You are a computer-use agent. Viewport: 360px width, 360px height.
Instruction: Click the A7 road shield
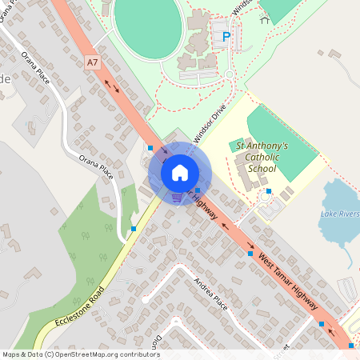tap(93, 61)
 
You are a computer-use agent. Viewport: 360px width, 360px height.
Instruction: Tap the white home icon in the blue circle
tap(179, 172)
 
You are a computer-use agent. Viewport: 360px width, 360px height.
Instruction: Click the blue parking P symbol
tap(226, 36)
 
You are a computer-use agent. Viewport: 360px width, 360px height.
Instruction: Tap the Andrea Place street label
tap(211, 293)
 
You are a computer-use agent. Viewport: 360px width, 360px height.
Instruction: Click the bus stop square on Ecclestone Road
tap(133, 230)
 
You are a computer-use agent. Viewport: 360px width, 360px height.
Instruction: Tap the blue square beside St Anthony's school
tap(270, 191)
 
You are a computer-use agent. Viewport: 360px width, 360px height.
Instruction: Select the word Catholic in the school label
tap(262, 158)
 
